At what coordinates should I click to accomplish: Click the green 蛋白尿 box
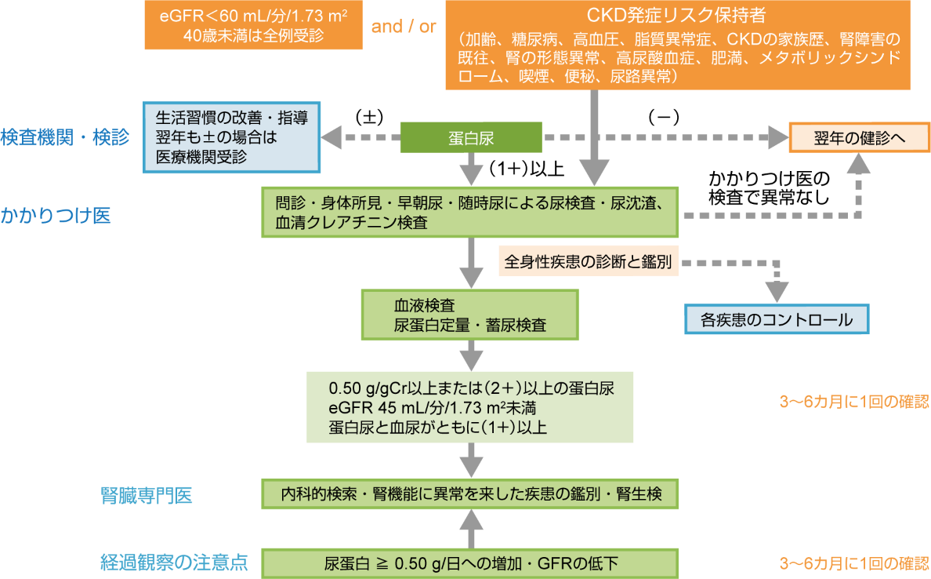[471, 138]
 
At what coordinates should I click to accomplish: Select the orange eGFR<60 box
[254, 25]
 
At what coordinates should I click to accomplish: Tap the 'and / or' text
[404, 26]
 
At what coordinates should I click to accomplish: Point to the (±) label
[368, 117]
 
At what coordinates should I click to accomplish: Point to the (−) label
[663, 117]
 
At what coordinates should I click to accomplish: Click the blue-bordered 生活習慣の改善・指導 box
[232, 137]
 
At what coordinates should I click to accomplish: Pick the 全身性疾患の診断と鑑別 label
[589, 261]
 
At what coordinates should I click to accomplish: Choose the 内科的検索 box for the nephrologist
[469, 494]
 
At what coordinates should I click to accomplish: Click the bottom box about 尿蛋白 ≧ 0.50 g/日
[469, 563]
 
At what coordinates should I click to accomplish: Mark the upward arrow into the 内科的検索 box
[470, 527]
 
